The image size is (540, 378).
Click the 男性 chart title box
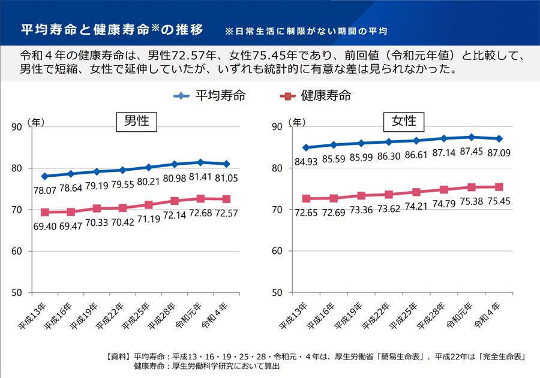[136, 122]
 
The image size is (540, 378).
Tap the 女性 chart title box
[404, 122]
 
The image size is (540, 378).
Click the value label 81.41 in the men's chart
[200, 177]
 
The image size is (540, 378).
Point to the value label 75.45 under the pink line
[499, 202]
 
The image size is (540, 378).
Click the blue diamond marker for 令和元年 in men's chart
[200, 162]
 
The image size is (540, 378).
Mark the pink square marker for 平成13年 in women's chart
[306, 198]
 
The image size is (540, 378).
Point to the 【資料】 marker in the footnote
[118, 357]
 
